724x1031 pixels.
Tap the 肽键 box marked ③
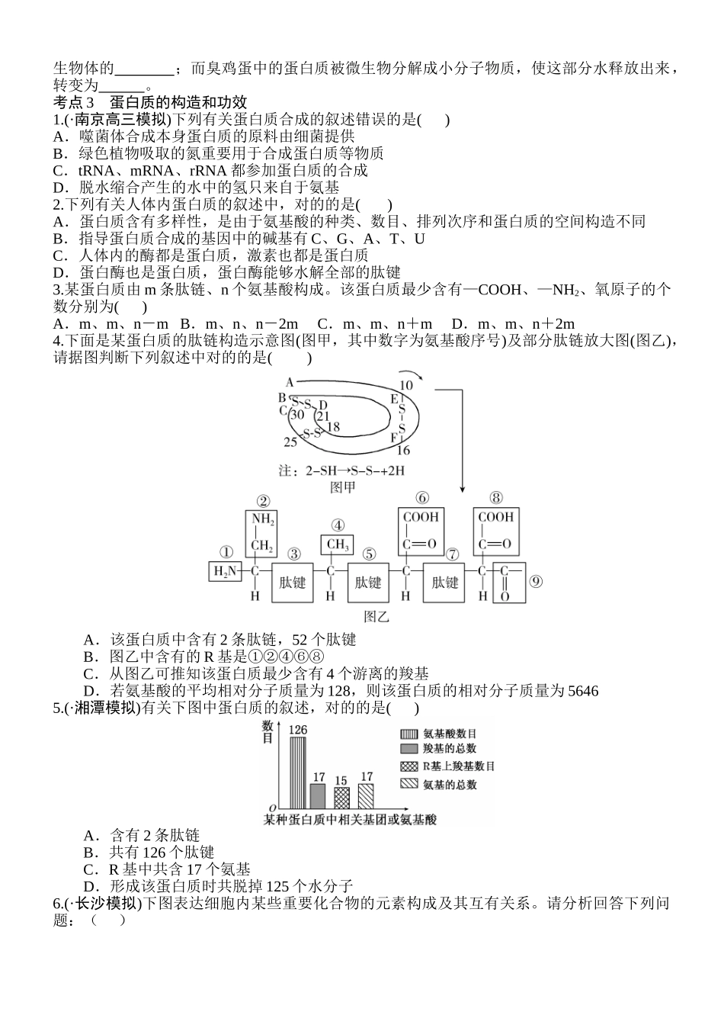292,583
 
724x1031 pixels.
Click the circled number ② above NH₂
263,500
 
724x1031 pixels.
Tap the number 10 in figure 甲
406,384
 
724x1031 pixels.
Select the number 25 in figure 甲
290,442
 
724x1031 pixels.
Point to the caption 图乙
376,616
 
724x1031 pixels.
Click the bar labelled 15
341,797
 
